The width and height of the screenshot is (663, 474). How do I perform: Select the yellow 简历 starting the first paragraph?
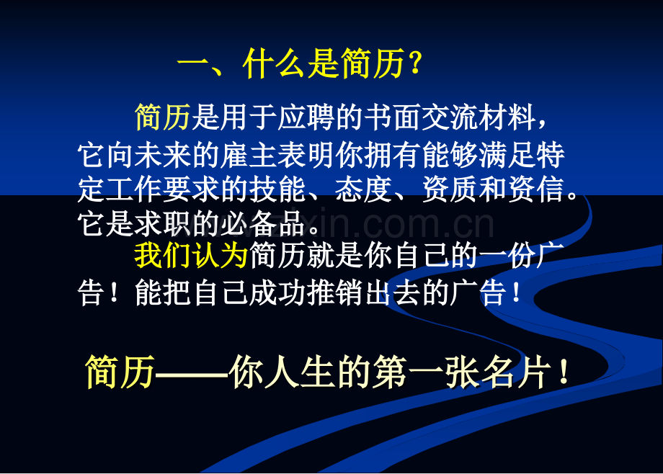coord(163,117)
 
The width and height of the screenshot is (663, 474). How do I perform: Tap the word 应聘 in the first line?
coord(307,117)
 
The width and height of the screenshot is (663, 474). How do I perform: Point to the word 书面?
coord(393,117)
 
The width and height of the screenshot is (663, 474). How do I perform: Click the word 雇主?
coord(249,155)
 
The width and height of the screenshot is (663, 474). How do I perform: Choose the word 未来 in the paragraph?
coord(163,155)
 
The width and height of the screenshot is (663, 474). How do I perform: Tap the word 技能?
coord(277,189)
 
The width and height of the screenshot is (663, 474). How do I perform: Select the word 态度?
coord(364,189)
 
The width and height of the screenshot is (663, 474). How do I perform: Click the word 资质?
coord(450,189)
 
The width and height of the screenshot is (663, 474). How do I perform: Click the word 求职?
coord(163,223)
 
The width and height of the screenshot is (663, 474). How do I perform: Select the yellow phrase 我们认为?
coord(191,256)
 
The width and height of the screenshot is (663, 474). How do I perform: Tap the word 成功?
coord(277,292)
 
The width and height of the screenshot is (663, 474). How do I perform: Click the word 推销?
coord(335,292)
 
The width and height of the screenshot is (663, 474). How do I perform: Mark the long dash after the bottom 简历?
coord(192,373)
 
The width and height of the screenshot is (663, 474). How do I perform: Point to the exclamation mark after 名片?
coord(564,372)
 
